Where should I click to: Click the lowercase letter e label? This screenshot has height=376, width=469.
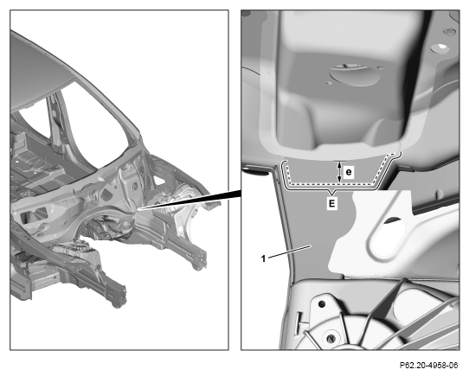point(349,173)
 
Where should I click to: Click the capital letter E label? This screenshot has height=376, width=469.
point(331,204)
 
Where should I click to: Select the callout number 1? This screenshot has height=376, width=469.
point(263,258)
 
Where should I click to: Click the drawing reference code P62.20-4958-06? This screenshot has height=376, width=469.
point(428,366)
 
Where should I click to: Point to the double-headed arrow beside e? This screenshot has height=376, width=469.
point(339,172)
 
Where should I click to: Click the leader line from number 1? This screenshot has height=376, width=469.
point(290,251)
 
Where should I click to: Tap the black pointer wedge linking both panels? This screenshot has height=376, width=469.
point(191,200)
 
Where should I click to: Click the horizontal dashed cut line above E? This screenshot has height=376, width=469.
point(331,184)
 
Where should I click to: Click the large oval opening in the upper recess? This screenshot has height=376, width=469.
point(355,74)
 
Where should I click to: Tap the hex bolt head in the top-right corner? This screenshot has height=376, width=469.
point(449,32)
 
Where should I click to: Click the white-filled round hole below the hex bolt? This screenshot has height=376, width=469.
point(441,48)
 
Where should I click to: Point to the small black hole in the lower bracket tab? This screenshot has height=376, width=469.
point(322,304)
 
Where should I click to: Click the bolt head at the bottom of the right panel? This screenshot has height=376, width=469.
point(331,338)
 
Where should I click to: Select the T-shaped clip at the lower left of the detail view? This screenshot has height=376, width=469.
point(301,324)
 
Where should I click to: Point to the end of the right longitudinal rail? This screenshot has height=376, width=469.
point(200,260)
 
